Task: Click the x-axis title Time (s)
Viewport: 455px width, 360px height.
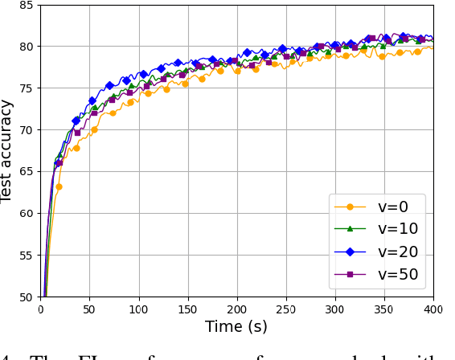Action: pyautogui.click(x=236, y=326)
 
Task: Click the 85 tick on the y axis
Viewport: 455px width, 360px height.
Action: pyautogui.click(x=25, y=6)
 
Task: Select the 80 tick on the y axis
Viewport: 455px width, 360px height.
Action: pyautogui.click(x=25, y=47)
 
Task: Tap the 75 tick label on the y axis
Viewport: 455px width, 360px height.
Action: pyautogui.click(x=25, y=88)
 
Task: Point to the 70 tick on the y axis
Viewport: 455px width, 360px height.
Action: pyautogui.click(x=25, y=130)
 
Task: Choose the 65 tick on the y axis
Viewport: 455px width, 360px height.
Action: pyautogui.click(x=25, y=172)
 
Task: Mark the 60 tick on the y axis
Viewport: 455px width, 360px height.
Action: pyautogui.click(x=25, y=214)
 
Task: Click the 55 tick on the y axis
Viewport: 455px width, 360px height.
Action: pyautogui.click(x=25, y=256)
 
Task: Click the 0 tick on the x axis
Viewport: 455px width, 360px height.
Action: pyautogui.click(x=41, y=308)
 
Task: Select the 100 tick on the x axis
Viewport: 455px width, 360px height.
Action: pyautogui.click(x=139, y=308)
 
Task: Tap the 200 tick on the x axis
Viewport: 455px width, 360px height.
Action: pyautogui.click(x=237, y=308)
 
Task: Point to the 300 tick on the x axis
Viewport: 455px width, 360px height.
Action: pyautogui.click(x=335, y=308)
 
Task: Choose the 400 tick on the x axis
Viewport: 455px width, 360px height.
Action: pyautogui.click(x=433, y=308)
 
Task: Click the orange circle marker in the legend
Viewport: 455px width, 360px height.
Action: pyautogui.click(x=350, y=207)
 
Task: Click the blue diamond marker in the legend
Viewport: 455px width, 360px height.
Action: pyautogui.click(x=350, y=252)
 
